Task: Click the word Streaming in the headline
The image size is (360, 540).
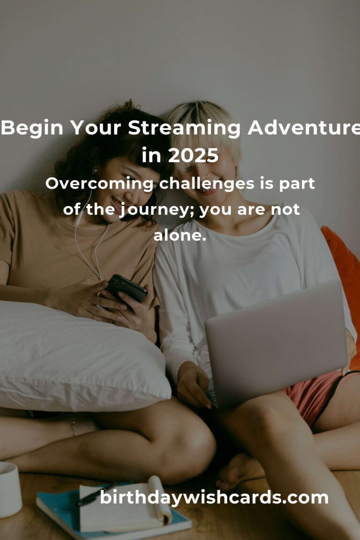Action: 184,128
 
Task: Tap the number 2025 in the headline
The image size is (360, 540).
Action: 193,156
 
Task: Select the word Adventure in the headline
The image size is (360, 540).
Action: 304,127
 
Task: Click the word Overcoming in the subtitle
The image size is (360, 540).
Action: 99,184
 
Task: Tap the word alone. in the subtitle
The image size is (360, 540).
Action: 180,236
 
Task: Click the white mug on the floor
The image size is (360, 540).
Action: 10,489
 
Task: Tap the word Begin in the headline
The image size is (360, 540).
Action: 32,128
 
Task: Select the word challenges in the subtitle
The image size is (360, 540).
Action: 207,184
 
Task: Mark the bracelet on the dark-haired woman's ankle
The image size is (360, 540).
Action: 72,425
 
